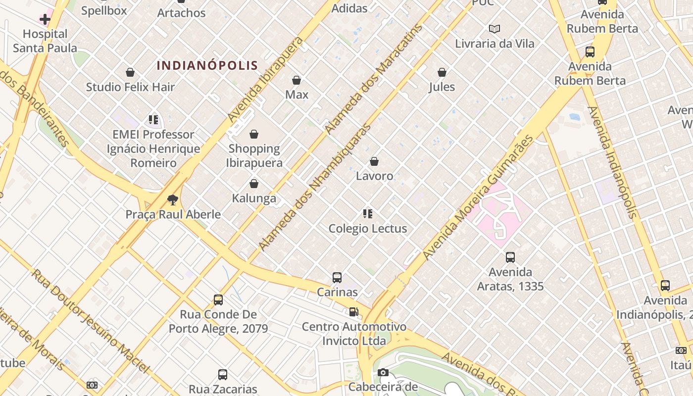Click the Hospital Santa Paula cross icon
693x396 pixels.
pos(45,19)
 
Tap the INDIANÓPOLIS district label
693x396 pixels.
pos(207,65)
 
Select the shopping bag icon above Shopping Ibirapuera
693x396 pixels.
pos(254,134)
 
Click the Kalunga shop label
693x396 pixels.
pos(254,198)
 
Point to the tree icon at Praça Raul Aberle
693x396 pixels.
pos(172,200)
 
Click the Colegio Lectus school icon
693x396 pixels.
pos(367,214)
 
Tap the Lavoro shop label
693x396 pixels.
pos(375,176)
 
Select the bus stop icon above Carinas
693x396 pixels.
pos(337,278)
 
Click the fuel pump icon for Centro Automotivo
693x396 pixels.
pos(353,312)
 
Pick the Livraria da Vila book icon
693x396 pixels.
pos(494,29)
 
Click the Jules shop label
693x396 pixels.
pos(442,87)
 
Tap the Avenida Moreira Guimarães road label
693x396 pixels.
pos(479,198)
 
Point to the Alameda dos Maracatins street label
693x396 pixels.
pos(375,79)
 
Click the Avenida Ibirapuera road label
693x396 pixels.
pos(265,79)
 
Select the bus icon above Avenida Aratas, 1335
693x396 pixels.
pos(510,257)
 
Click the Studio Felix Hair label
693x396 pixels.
pos(130,87)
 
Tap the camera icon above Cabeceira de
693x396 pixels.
pos(383,372)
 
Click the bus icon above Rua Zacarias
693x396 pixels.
pos(223,375)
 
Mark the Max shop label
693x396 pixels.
pos(297,95)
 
